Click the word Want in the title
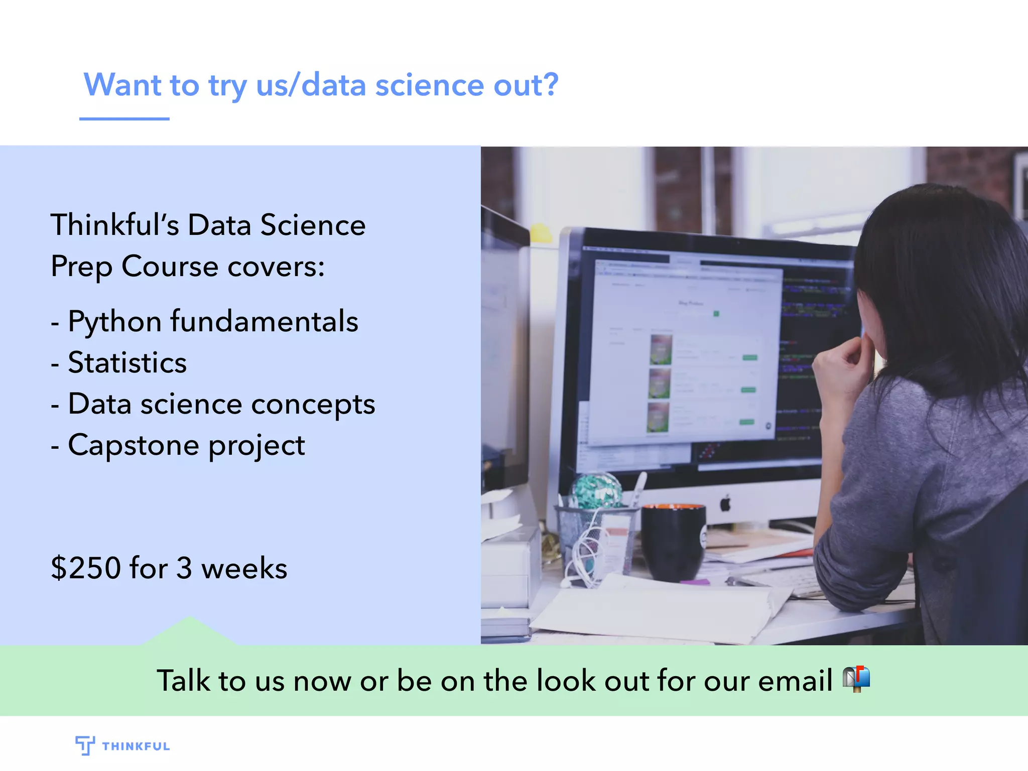coord(122,85)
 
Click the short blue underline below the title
coord(124,119)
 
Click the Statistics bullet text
coord(127,363)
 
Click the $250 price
coord(86,568)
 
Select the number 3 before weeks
coord(184,568)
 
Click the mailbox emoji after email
coord(856,680)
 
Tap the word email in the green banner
coord(795,681)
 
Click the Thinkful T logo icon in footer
coord(85,745)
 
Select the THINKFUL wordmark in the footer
coord(136,746)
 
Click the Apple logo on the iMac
coord(725,503)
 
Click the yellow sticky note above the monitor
coord(541,232)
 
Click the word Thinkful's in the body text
coord(114,225)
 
